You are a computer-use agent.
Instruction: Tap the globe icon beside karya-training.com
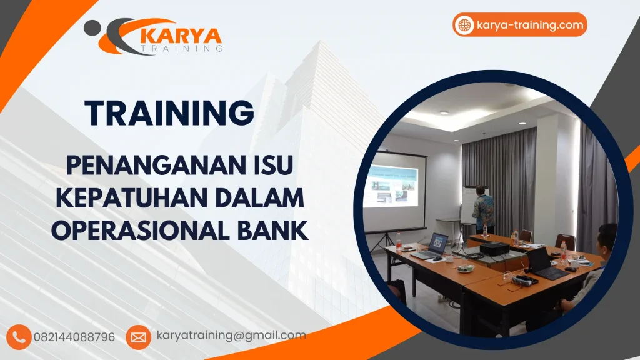tap(464, 25)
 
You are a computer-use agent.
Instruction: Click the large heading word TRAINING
tap(170, 113)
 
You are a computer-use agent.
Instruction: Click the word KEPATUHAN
tap(142, 198)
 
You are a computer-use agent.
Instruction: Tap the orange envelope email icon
tap(138, 337)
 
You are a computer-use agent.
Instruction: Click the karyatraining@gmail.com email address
tap(231, 336)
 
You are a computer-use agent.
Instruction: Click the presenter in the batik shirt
tap(482, 207)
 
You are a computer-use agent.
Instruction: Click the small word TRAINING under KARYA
tap(182, 48)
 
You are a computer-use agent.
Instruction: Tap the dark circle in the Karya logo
tap(92, 26)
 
